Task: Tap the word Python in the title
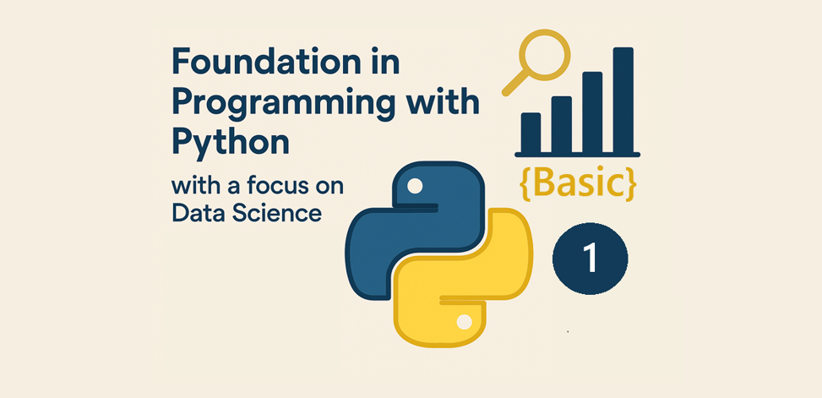coord(230,142)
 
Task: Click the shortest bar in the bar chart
coord(531,133)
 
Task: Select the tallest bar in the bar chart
coord(623,101)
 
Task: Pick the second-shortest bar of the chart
coord(562,124)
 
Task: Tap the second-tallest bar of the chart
coord(592,112)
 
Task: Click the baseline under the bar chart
coord(577,155)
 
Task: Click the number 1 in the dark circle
coord(591,259)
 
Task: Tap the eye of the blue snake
coord(415,186)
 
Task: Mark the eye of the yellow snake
coord(464,322)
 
